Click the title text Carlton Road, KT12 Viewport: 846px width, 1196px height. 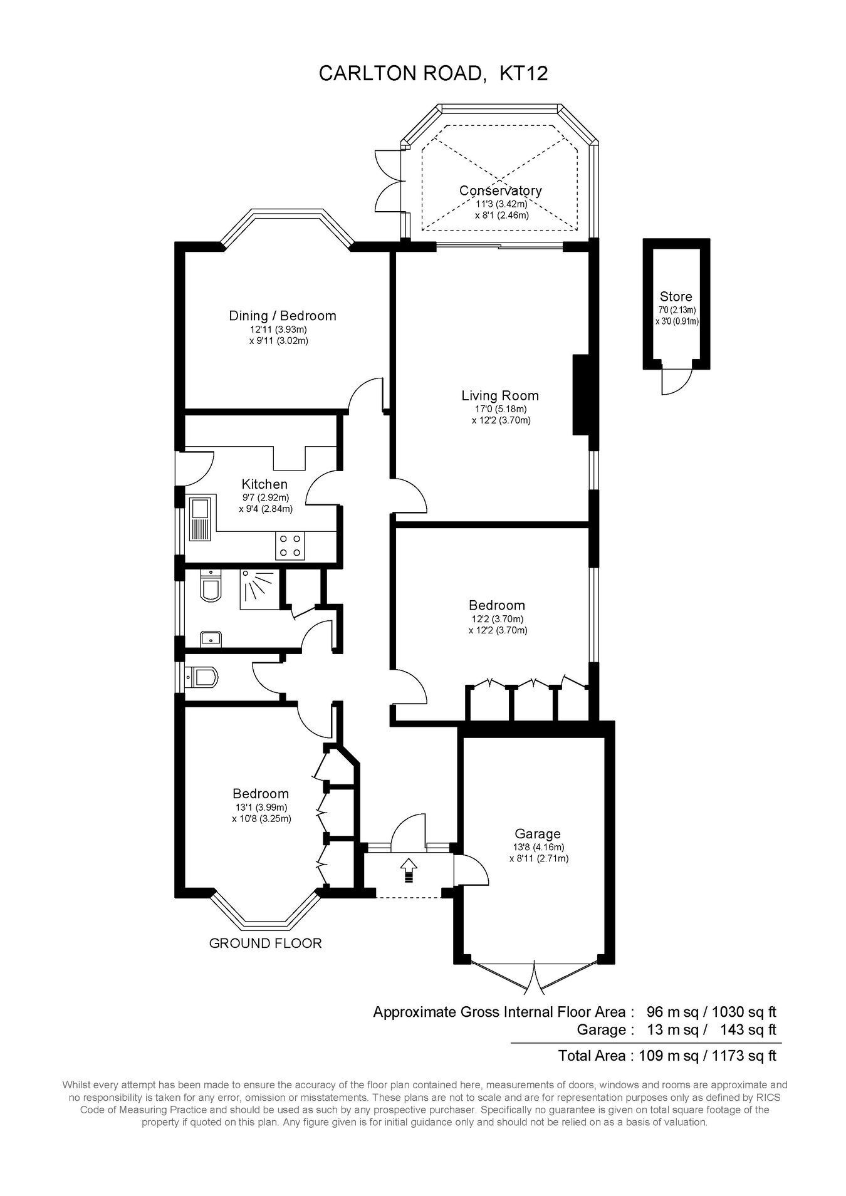coord(433,73)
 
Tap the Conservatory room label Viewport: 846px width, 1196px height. coord(500,190)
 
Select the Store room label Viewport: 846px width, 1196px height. coord(676,296)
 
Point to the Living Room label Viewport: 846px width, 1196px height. coord(500,395)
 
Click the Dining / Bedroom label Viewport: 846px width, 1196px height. coord(283,316)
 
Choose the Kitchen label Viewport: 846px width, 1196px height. coord(264,484)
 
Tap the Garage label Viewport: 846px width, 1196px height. coord(538,834)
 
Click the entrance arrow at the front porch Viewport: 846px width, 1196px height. coord(409,870)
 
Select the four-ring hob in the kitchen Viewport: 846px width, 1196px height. coord(290,545)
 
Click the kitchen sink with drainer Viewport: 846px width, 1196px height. coord(201,519)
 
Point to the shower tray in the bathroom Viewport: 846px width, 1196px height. coord(258,589)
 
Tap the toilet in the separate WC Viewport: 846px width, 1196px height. coord(202,678)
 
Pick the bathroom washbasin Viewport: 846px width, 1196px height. coord(211,639)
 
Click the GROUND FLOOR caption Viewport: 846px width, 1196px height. coord(265,943)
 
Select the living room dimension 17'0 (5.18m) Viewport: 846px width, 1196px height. coord(501,409)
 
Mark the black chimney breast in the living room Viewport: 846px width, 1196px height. coord(582,395)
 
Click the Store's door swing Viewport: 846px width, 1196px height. coord(677,382)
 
